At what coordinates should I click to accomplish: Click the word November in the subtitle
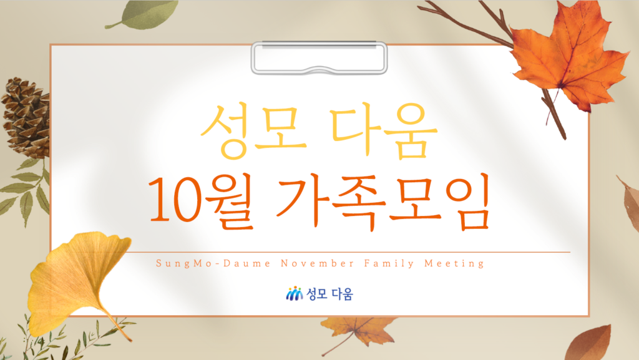click(318, 263)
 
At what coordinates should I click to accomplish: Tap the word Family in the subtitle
click(389, 264)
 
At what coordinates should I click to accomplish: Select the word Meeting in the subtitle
click(454, 264)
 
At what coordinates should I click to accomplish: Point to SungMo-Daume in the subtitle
click(213, 264)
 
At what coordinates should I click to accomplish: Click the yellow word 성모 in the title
click(253, 131)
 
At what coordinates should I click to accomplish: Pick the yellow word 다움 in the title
click(384, 130)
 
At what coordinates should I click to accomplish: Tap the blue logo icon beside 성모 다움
click(295, 293)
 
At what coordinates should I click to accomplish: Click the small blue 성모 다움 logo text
click(329, 294)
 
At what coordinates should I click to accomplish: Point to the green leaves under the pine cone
click(25, 190)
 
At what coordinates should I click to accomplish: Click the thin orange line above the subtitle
click(348, 252)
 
